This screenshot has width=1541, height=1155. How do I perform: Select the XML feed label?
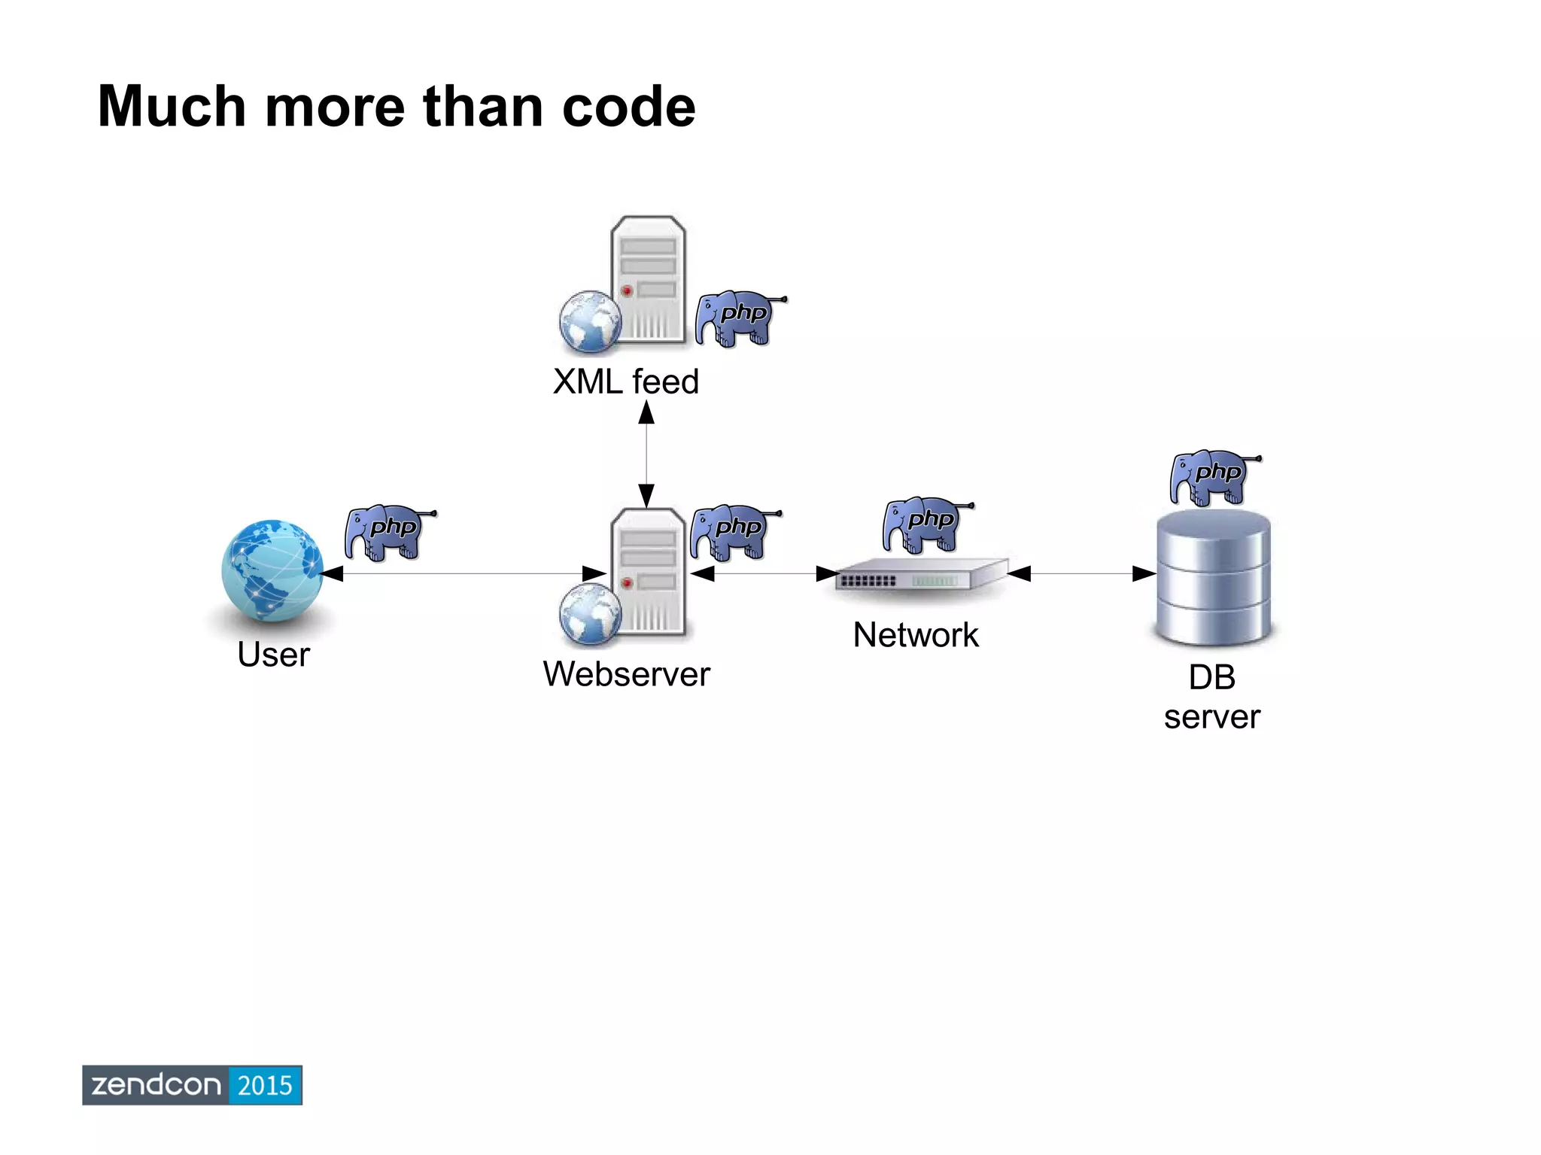pos(625,381)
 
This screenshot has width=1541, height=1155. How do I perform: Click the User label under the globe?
pos(273,654)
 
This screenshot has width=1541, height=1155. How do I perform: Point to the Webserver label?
pos(626,673)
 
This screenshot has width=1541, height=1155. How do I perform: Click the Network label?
pos(915,635)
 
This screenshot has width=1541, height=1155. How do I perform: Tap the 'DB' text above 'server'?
pos(1211,677)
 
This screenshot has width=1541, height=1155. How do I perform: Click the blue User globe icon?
pos(272,570)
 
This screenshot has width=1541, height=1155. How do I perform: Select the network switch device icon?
pos(921,576)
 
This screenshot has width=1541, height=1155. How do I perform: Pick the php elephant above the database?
pos(1213,477)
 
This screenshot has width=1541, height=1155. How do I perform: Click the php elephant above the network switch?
pos(926,524)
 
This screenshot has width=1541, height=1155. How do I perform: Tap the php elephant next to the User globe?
pos(388,532)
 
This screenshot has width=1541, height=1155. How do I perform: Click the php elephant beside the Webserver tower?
pos(733,532)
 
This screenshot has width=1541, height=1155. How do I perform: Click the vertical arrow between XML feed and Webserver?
pos(646,454)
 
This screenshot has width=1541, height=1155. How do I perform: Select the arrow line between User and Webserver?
pos(463,574)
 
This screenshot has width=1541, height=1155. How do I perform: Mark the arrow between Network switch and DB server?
pos(1081,574)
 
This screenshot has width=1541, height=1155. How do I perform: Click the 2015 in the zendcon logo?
pos(265,1085)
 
